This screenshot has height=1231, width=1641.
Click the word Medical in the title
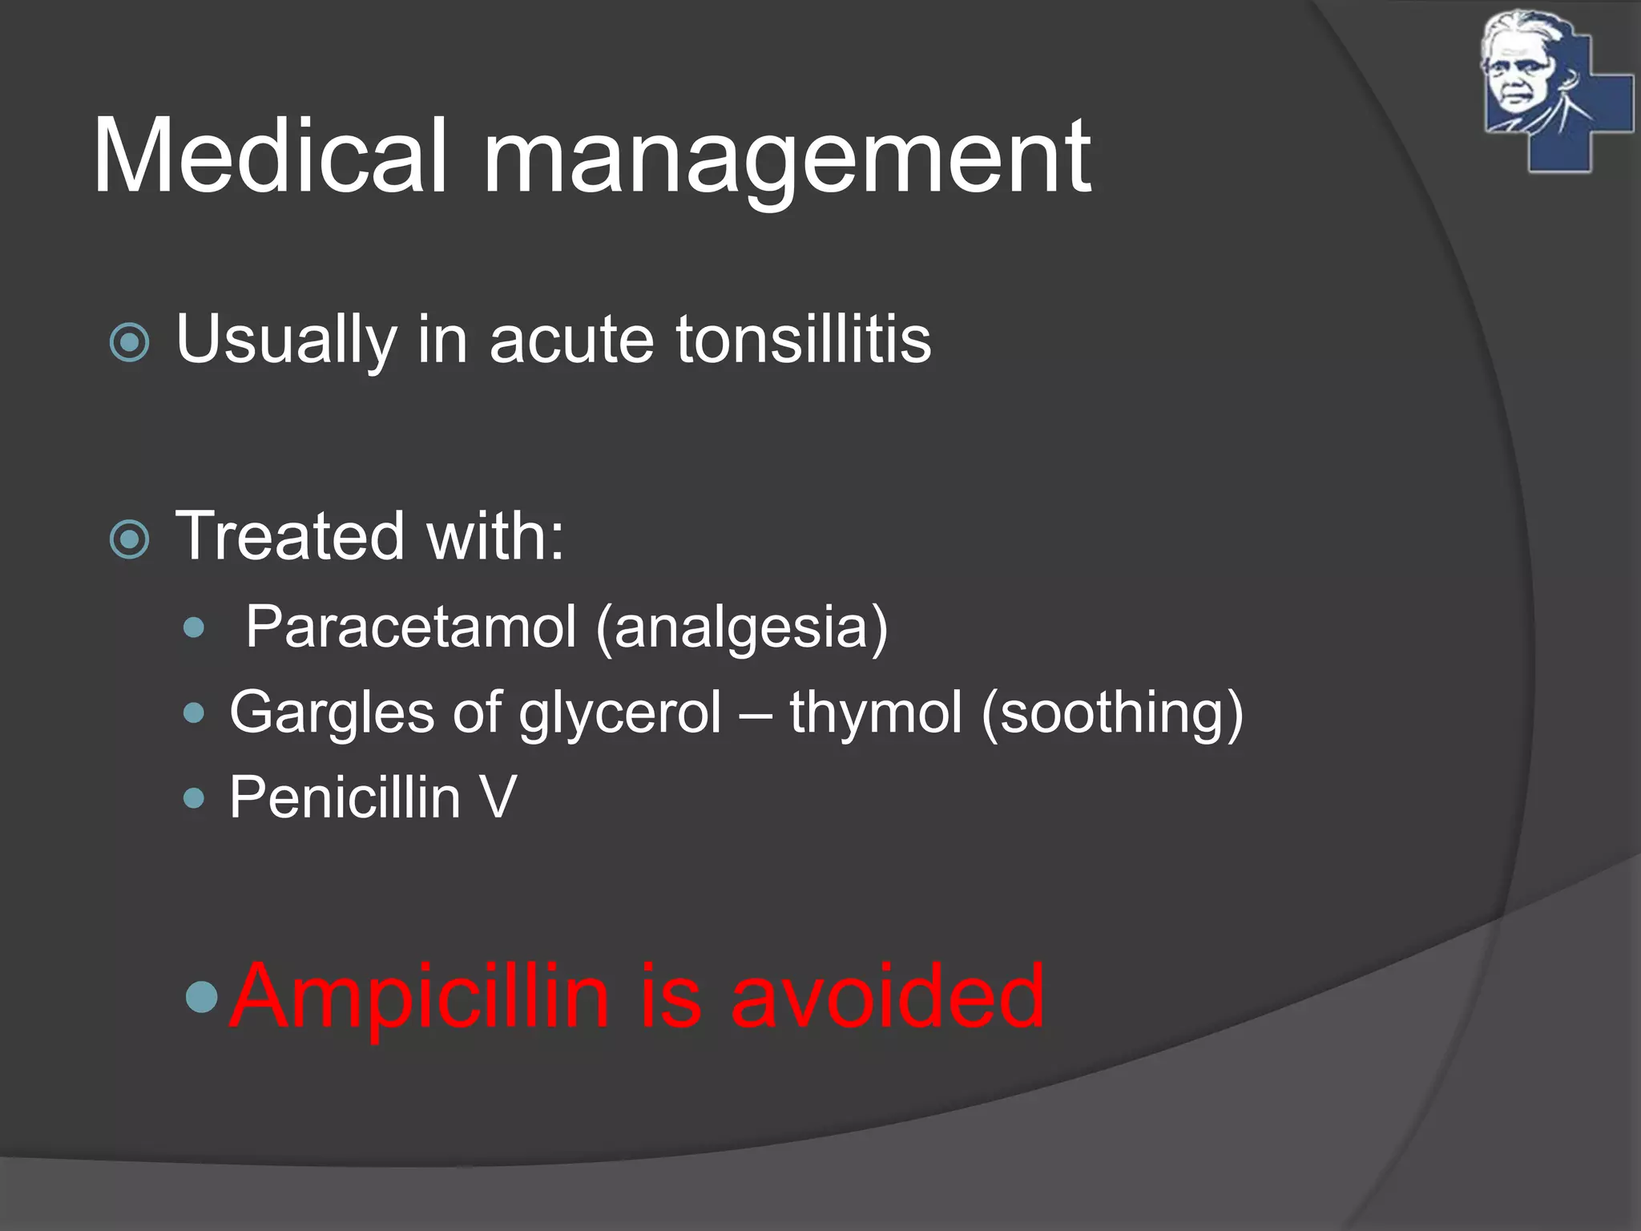click(x=268, y=156)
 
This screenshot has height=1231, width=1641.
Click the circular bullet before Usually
click(x=129, y=343)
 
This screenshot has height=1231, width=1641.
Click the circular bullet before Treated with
click(x=129, y=539)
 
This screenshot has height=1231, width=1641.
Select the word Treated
click(x=289, y=536)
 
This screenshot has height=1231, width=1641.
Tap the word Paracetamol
click(x=410, y=627)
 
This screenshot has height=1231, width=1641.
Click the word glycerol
click(x=620, y=714)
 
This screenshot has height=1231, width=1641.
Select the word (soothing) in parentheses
click(x=1112, y=712)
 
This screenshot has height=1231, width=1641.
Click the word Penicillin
click(x=345, y=797)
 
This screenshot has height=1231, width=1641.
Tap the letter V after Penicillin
click(x=498, y=797)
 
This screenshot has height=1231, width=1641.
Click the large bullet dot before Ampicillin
click(x=201, y=996)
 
